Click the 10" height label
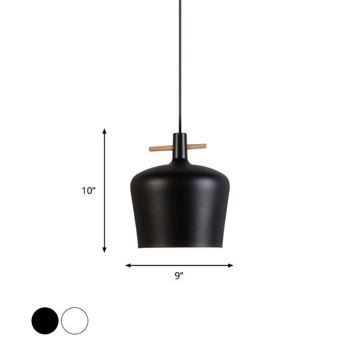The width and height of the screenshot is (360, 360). point(89,191)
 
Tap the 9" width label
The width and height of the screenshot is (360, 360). point(179,275)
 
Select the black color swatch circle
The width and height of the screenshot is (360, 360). point(44,321)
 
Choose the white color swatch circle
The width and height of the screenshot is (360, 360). point(74,321)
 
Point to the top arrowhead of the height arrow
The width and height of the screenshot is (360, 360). point(105,132)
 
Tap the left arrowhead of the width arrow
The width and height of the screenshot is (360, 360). point(128,265)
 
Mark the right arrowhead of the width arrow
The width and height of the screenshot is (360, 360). point(231,265)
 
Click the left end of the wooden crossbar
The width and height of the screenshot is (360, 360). point(151,147)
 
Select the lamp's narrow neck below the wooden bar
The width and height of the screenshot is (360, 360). point(179,155)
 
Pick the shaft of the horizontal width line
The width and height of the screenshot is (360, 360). point(153,265)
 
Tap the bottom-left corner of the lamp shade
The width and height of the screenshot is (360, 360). point(139,245)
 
